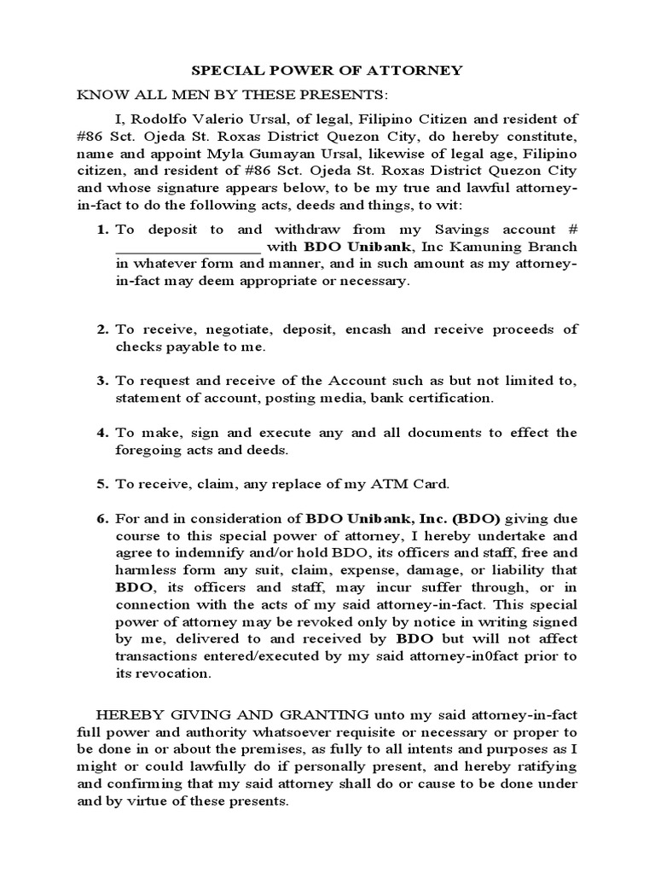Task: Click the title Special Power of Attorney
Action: pos(327,70)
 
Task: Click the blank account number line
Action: pos(188,248)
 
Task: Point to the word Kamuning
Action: pos(482,248)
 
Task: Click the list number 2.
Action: pos(101,329)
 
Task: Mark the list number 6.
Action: pos(101,518)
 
